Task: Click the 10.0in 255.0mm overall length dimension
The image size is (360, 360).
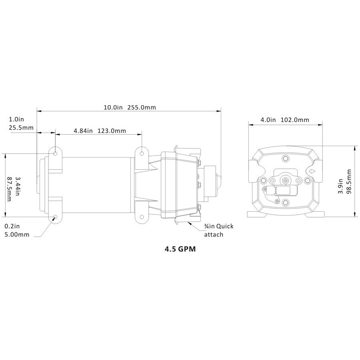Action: point(130,108)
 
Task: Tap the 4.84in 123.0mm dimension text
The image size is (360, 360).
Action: point(100,131)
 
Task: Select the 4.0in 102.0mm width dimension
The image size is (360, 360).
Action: point(285,120)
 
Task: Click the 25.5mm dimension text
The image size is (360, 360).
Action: point(21,128)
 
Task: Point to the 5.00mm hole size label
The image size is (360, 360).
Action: point(17,235)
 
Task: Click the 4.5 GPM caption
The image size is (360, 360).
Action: point(180,249)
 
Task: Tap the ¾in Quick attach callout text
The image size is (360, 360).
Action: point(219,230)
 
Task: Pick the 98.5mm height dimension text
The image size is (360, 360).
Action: point(349,181)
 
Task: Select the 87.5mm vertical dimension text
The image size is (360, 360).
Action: point(9,189)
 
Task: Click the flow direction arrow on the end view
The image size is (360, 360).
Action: point(311,171)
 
